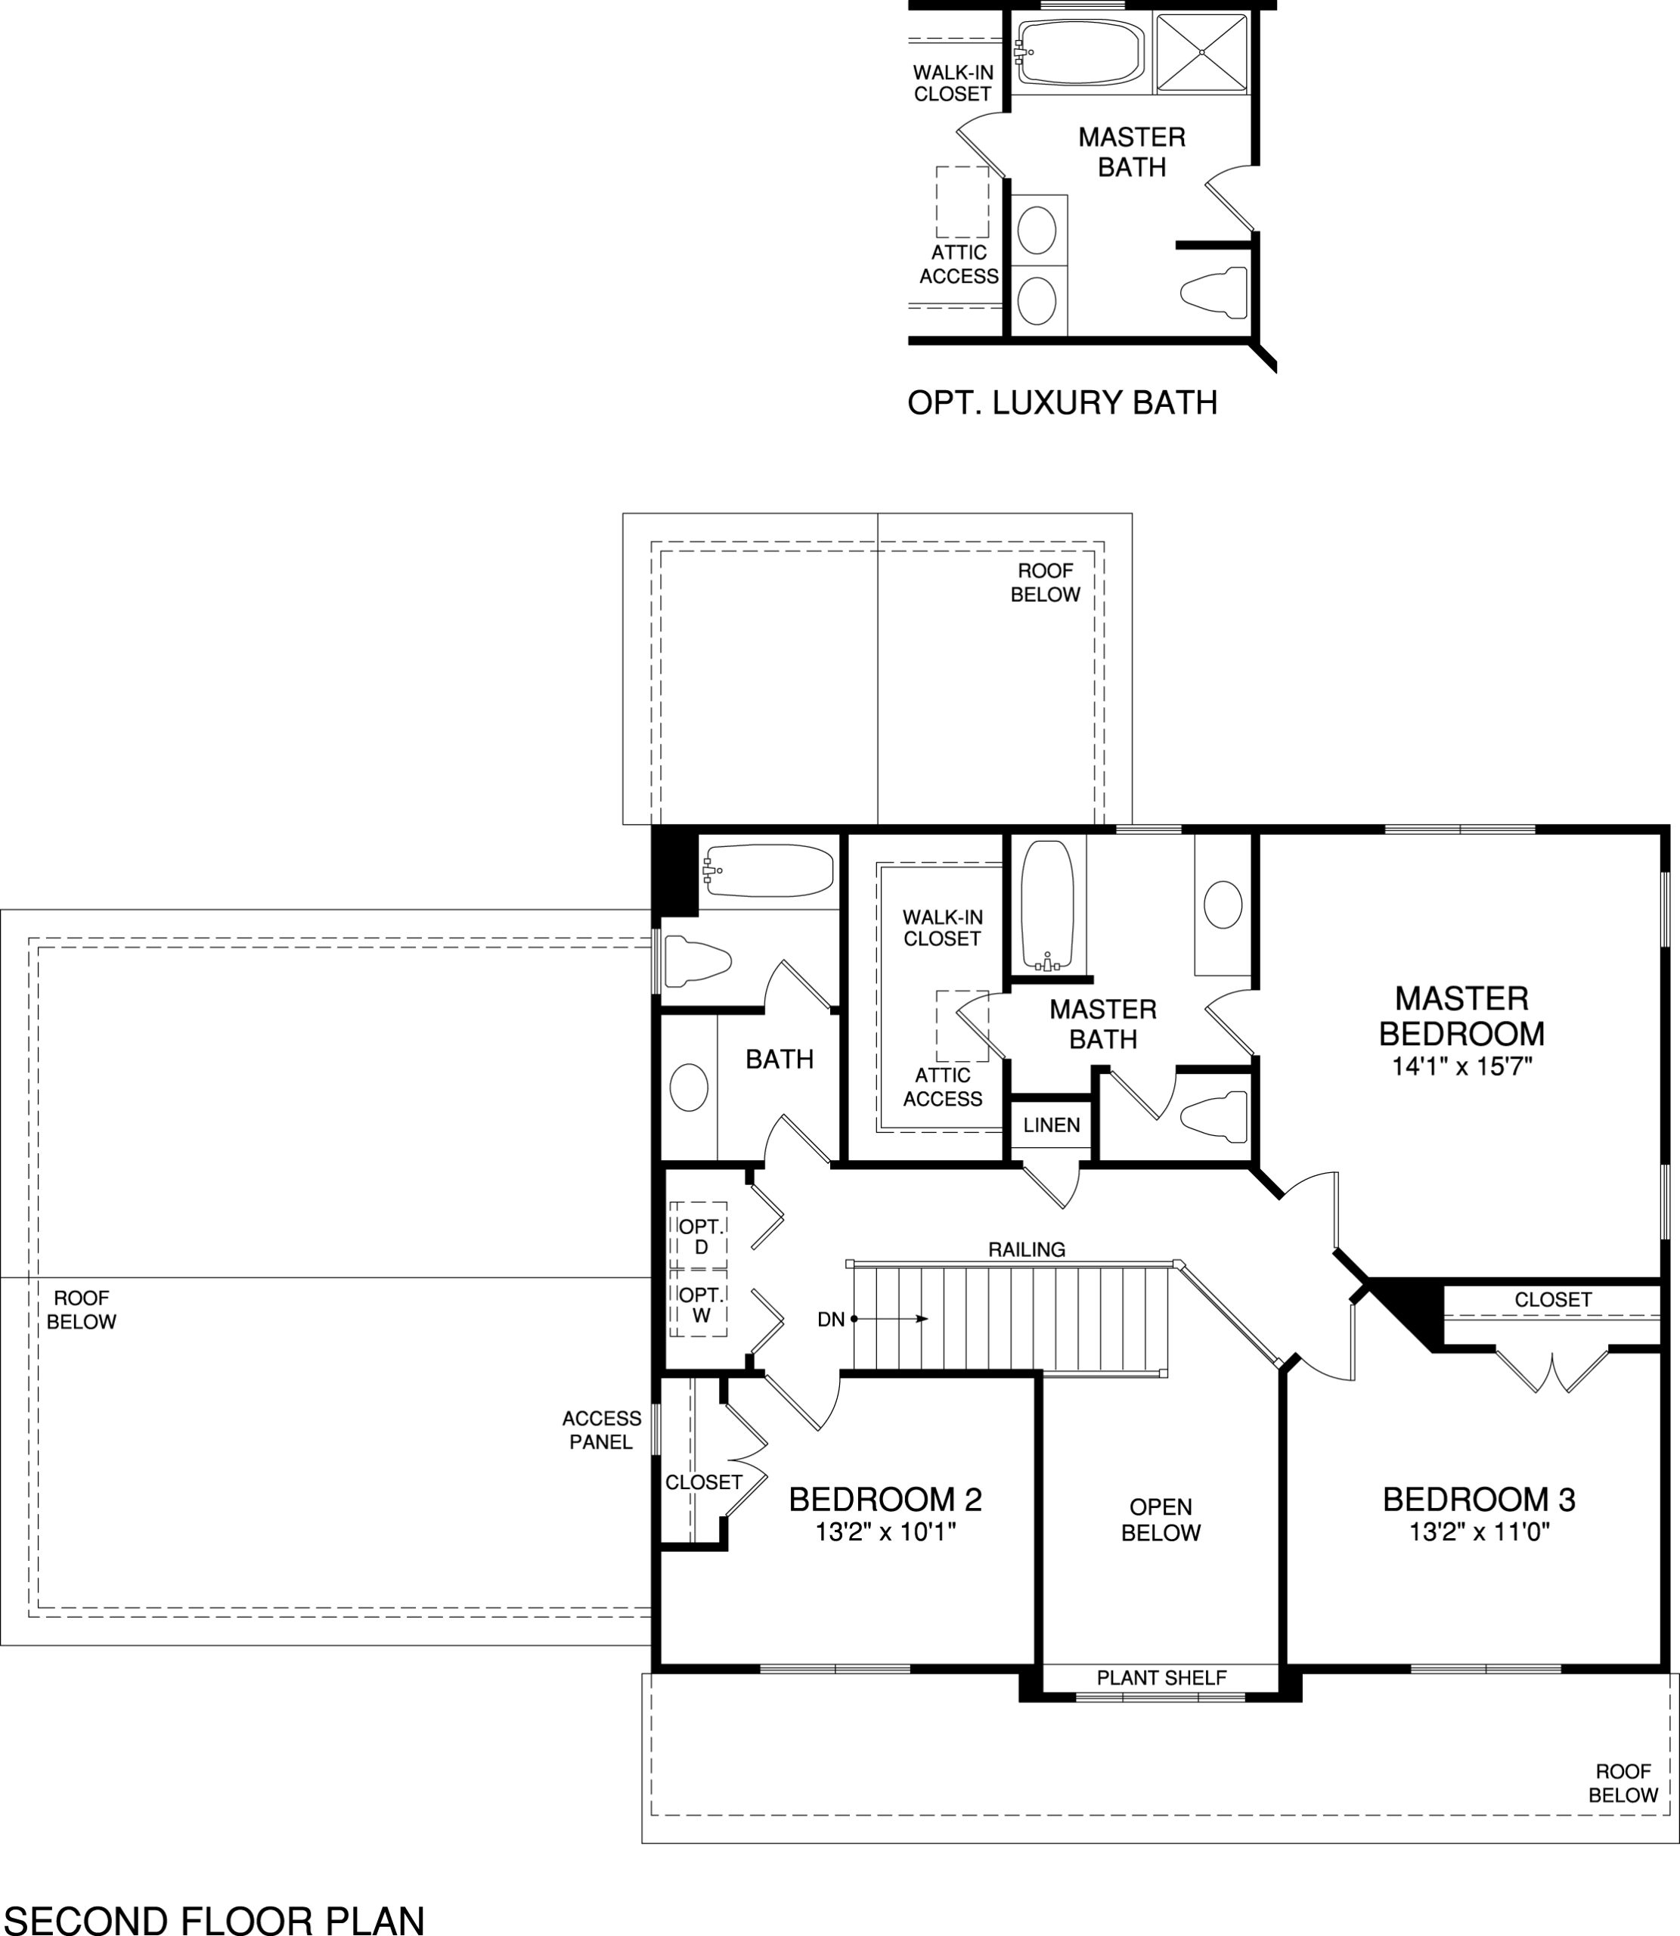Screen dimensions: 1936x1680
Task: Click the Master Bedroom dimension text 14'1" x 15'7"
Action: (1461, 1066)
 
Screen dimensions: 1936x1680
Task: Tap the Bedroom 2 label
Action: (885, 1499)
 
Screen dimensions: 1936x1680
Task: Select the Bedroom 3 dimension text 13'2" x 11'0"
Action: (1478, 1532)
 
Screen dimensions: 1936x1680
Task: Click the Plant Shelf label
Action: (1161, 1677)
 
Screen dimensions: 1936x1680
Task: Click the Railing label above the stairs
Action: (1027, 1249)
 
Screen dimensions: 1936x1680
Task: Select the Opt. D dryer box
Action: (699, 1236)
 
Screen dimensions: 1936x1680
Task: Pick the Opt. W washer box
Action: (699, 1304)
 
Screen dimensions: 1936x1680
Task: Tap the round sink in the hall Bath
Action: (689, 1087)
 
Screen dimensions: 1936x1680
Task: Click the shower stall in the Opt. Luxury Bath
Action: (1202, 52)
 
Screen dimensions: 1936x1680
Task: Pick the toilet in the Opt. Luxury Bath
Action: (1215, 293)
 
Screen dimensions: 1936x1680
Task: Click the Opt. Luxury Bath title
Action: (1062, 403)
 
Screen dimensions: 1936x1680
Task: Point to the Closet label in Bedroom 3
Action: (1552, 1299)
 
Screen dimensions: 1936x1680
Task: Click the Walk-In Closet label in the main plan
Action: (942, 927)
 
